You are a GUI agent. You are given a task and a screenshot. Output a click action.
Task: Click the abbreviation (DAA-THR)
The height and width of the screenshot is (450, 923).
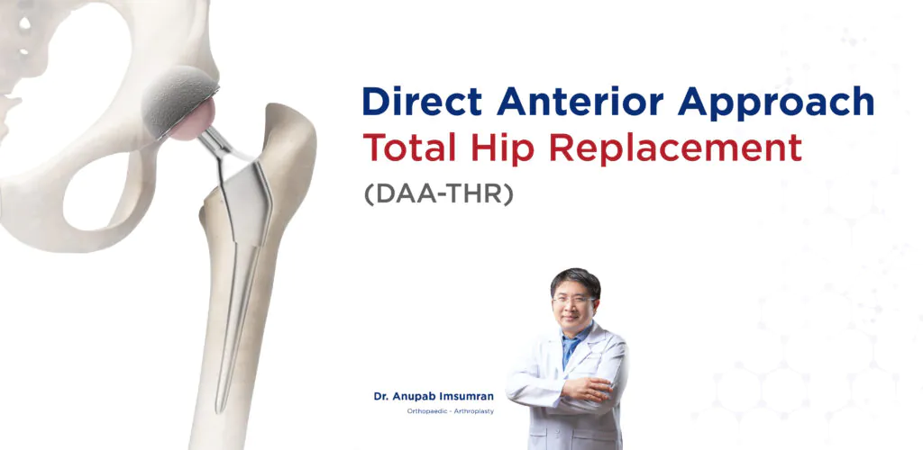438,193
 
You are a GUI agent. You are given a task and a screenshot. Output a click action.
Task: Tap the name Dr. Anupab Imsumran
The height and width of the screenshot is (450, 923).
434,396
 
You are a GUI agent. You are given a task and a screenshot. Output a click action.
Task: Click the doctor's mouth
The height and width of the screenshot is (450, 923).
574,318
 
